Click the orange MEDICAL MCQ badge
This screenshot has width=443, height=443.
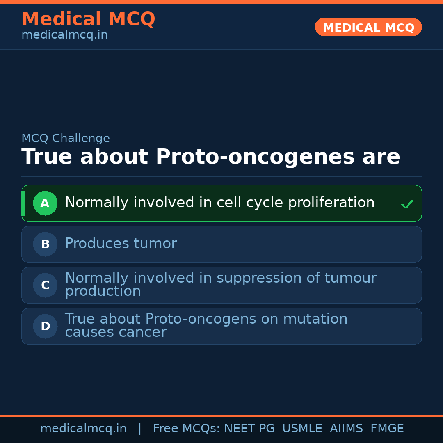368,27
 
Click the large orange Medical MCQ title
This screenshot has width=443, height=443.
88,19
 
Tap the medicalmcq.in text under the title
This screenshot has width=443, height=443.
64,35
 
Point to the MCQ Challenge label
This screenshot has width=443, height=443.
66,138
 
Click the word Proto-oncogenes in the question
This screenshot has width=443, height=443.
256,157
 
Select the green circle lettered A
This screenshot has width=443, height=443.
45,203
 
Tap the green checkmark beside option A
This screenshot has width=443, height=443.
407,204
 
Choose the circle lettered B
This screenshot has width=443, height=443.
45,244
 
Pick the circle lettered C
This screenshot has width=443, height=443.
45,285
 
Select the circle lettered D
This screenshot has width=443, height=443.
45,326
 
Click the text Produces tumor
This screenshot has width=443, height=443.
121,244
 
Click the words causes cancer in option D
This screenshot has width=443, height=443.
116,332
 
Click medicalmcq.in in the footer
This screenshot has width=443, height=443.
83,429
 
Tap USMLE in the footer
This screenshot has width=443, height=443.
302,429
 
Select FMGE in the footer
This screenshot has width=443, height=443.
387,429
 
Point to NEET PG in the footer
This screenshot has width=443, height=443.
249,429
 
